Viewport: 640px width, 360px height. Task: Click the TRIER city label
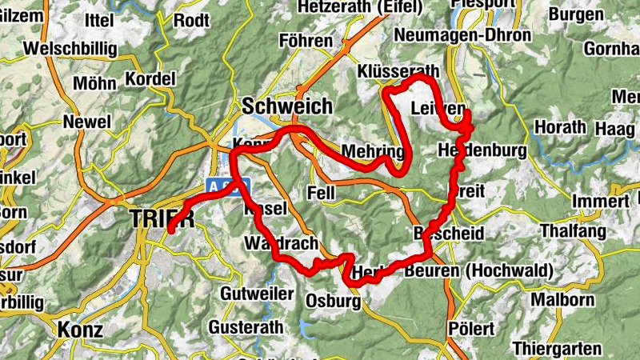161,218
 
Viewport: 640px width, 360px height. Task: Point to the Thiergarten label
557,349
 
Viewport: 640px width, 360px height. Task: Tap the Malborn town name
564,301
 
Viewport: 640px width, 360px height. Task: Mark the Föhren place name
306,40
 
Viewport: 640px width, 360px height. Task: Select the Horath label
559,127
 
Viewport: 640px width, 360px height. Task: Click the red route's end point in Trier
170,231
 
